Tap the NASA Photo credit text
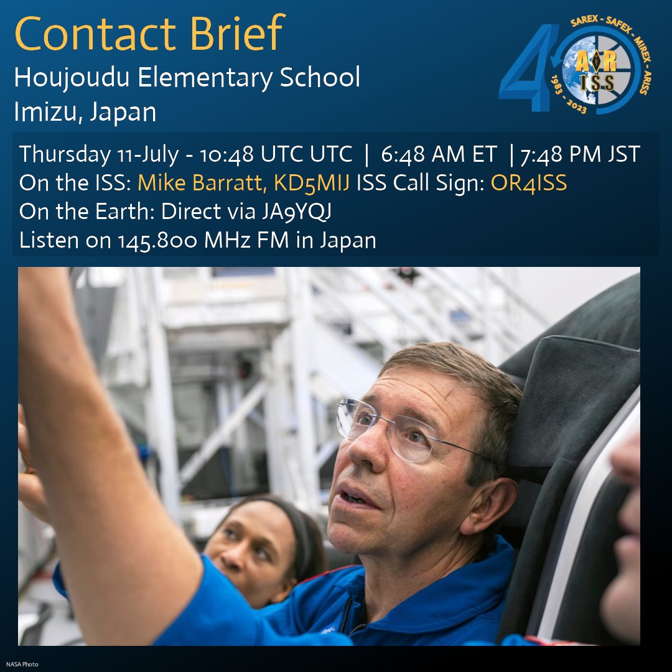[22, 665]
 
